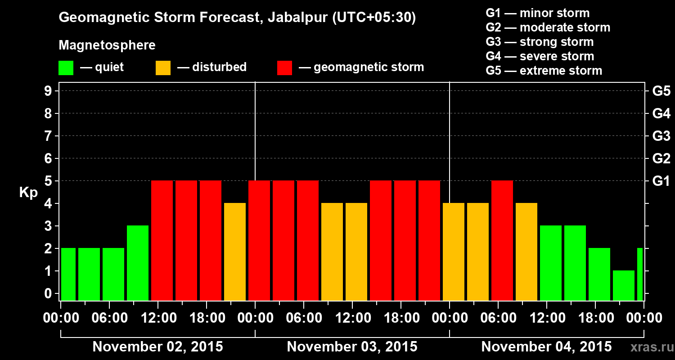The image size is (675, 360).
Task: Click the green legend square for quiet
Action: click(66, 67)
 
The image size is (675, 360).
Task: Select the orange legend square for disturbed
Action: click(163, 67)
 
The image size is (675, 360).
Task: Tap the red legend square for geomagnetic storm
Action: click(284, 67)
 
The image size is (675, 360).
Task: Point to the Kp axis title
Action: click(28, 193)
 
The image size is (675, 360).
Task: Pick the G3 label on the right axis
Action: click(661, 136)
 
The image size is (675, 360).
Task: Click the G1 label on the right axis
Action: click(661, 181)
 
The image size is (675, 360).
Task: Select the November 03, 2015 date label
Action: click(352, 347)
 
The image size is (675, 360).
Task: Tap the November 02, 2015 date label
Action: click(157, 347)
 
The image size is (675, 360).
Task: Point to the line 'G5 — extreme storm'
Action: click(544, 71)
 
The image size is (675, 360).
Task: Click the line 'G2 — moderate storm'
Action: click(548, 27)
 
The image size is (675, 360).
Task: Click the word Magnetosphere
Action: click(107, 45)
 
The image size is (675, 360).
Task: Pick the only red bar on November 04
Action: click(502, 240)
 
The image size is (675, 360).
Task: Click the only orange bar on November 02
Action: click(235, 252)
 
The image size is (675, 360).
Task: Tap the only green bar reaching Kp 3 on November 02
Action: click(138, 263)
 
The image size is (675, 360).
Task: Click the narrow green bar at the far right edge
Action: click(640, 274)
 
